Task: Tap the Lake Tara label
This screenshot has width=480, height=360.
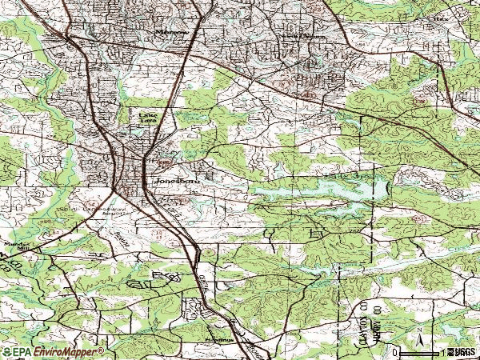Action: click(148, 118)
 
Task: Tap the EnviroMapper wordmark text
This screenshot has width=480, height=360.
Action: click(67, 352)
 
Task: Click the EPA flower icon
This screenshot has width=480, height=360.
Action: click(7, 352)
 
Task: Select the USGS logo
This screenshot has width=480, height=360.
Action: click(463, 352)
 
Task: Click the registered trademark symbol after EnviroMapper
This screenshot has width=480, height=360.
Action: click(102, 350)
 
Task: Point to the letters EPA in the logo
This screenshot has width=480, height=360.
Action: click(22, 352)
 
